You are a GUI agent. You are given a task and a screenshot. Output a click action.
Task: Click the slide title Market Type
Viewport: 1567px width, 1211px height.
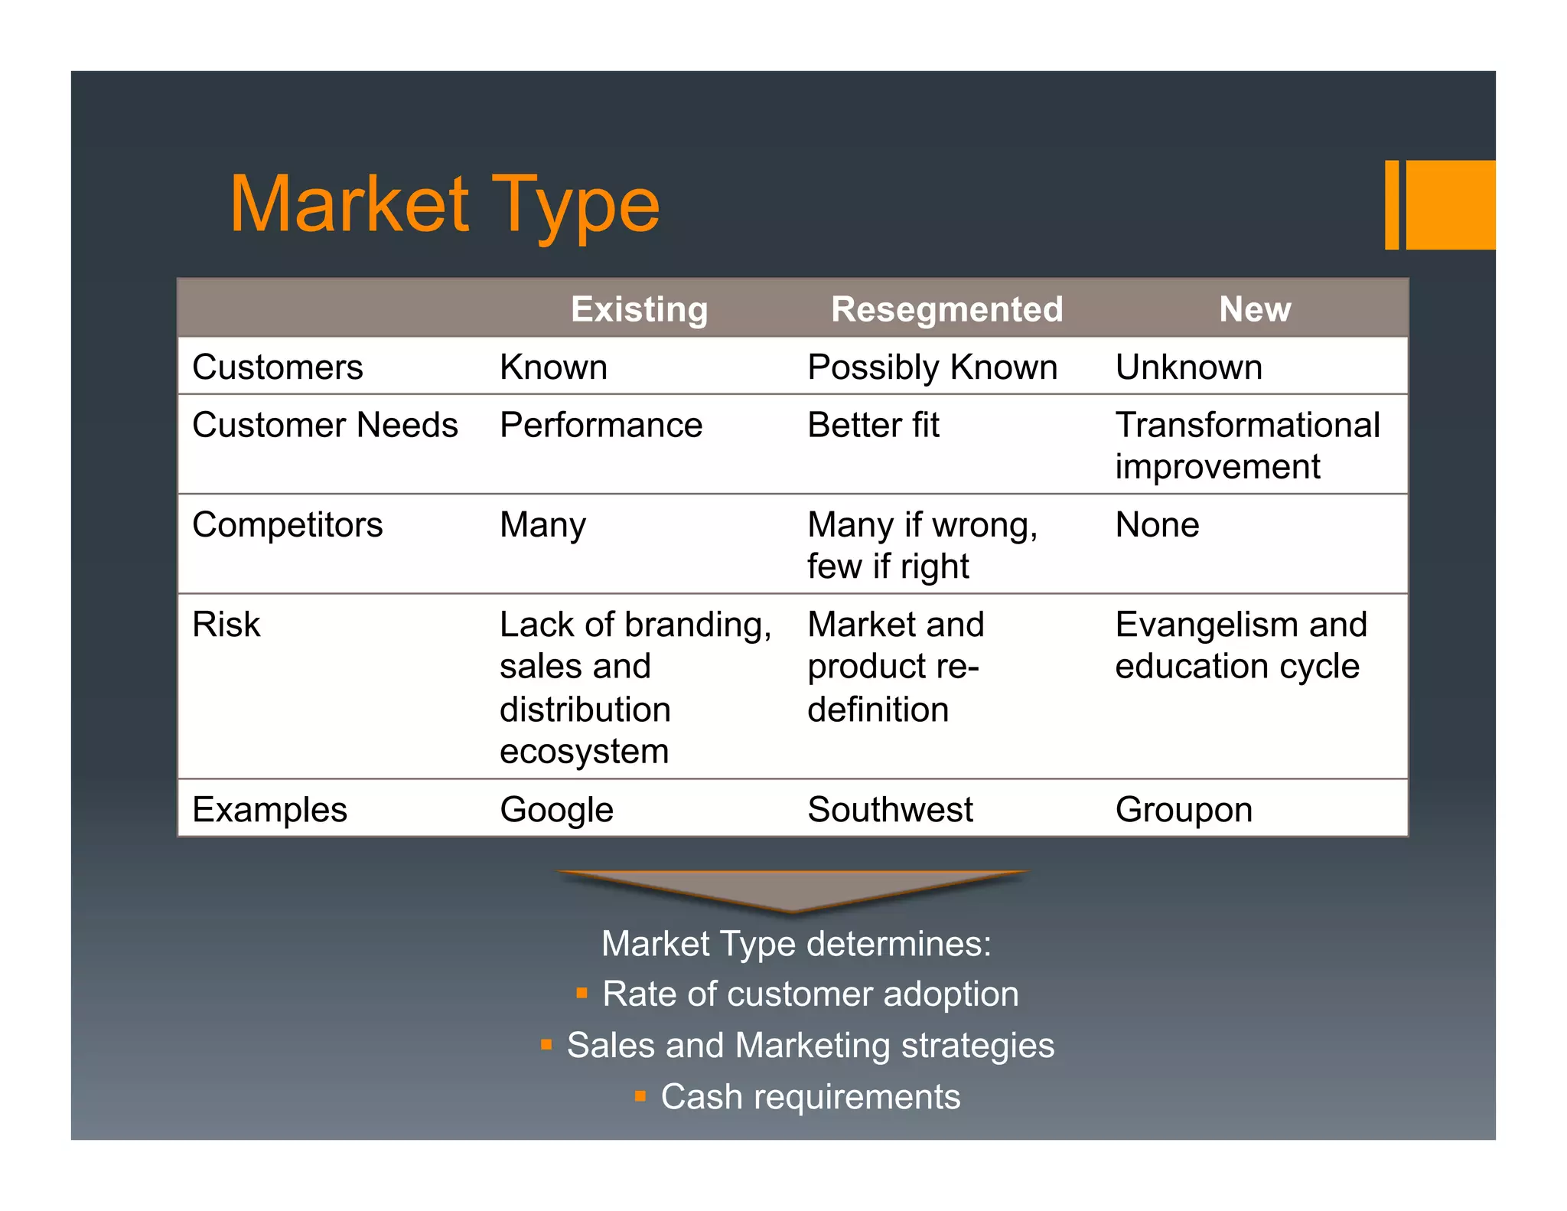coord(444,205)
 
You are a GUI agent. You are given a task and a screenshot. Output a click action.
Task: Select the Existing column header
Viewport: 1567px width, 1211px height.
coord(639,309)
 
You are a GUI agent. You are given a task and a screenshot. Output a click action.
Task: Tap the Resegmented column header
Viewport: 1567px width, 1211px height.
coord(946,309)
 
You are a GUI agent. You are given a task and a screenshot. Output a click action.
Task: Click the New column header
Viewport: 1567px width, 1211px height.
coord(1255,309)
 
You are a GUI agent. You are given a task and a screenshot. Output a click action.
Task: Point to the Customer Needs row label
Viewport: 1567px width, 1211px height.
coord(324,425)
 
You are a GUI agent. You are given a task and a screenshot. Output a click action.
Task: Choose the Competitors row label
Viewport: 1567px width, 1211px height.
coord(287,525)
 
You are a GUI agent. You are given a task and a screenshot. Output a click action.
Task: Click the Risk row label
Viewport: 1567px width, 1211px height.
coord(226,625)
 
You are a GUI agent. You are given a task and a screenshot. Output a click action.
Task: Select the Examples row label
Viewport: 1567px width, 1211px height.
coord(269,810)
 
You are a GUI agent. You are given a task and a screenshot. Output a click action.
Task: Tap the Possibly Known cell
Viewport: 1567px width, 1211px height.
coord(932,367)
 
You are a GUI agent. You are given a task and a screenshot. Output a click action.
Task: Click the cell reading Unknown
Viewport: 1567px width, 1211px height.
coord(1188,367)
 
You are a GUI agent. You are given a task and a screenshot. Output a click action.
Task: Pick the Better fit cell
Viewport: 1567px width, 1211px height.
coord(873,425)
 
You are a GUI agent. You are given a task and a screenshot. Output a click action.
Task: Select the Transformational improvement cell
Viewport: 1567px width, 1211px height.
coord(1247,446)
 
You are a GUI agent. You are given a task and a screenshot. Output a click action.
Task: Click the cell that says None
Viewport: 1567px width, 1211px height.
coord(1157,525)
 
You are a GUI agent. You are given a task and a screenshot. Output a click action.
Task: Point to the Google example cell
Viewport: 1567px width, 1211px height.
coord(556,810)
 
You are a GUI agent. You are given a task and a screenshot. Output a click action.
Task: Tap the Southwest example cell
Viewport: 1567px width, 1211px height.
coord(890,810)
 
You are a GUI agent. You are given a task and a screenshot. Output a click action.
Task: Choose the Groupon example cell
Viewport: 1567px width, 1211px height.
coord(1184,810)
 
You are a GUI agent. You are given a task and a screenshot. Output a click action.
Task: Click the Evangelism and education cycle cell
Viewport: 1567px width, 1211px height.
coord(1240,645)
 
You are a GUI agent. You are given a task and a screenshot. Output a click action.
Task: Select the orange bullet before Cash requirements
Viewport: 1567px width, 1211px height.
coord(640,1096)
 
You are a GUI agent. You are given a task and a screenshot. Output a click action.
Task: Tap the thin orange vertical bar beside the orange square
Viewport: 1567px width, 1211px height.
coord(1392,204)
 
